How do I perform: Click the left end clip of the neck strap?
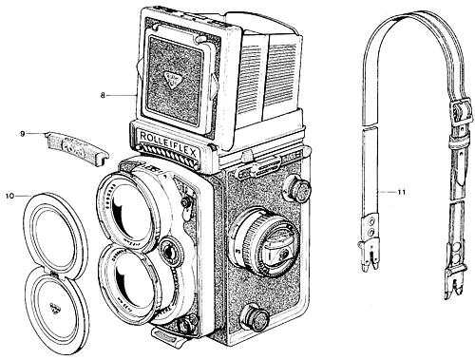(365, 255)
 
